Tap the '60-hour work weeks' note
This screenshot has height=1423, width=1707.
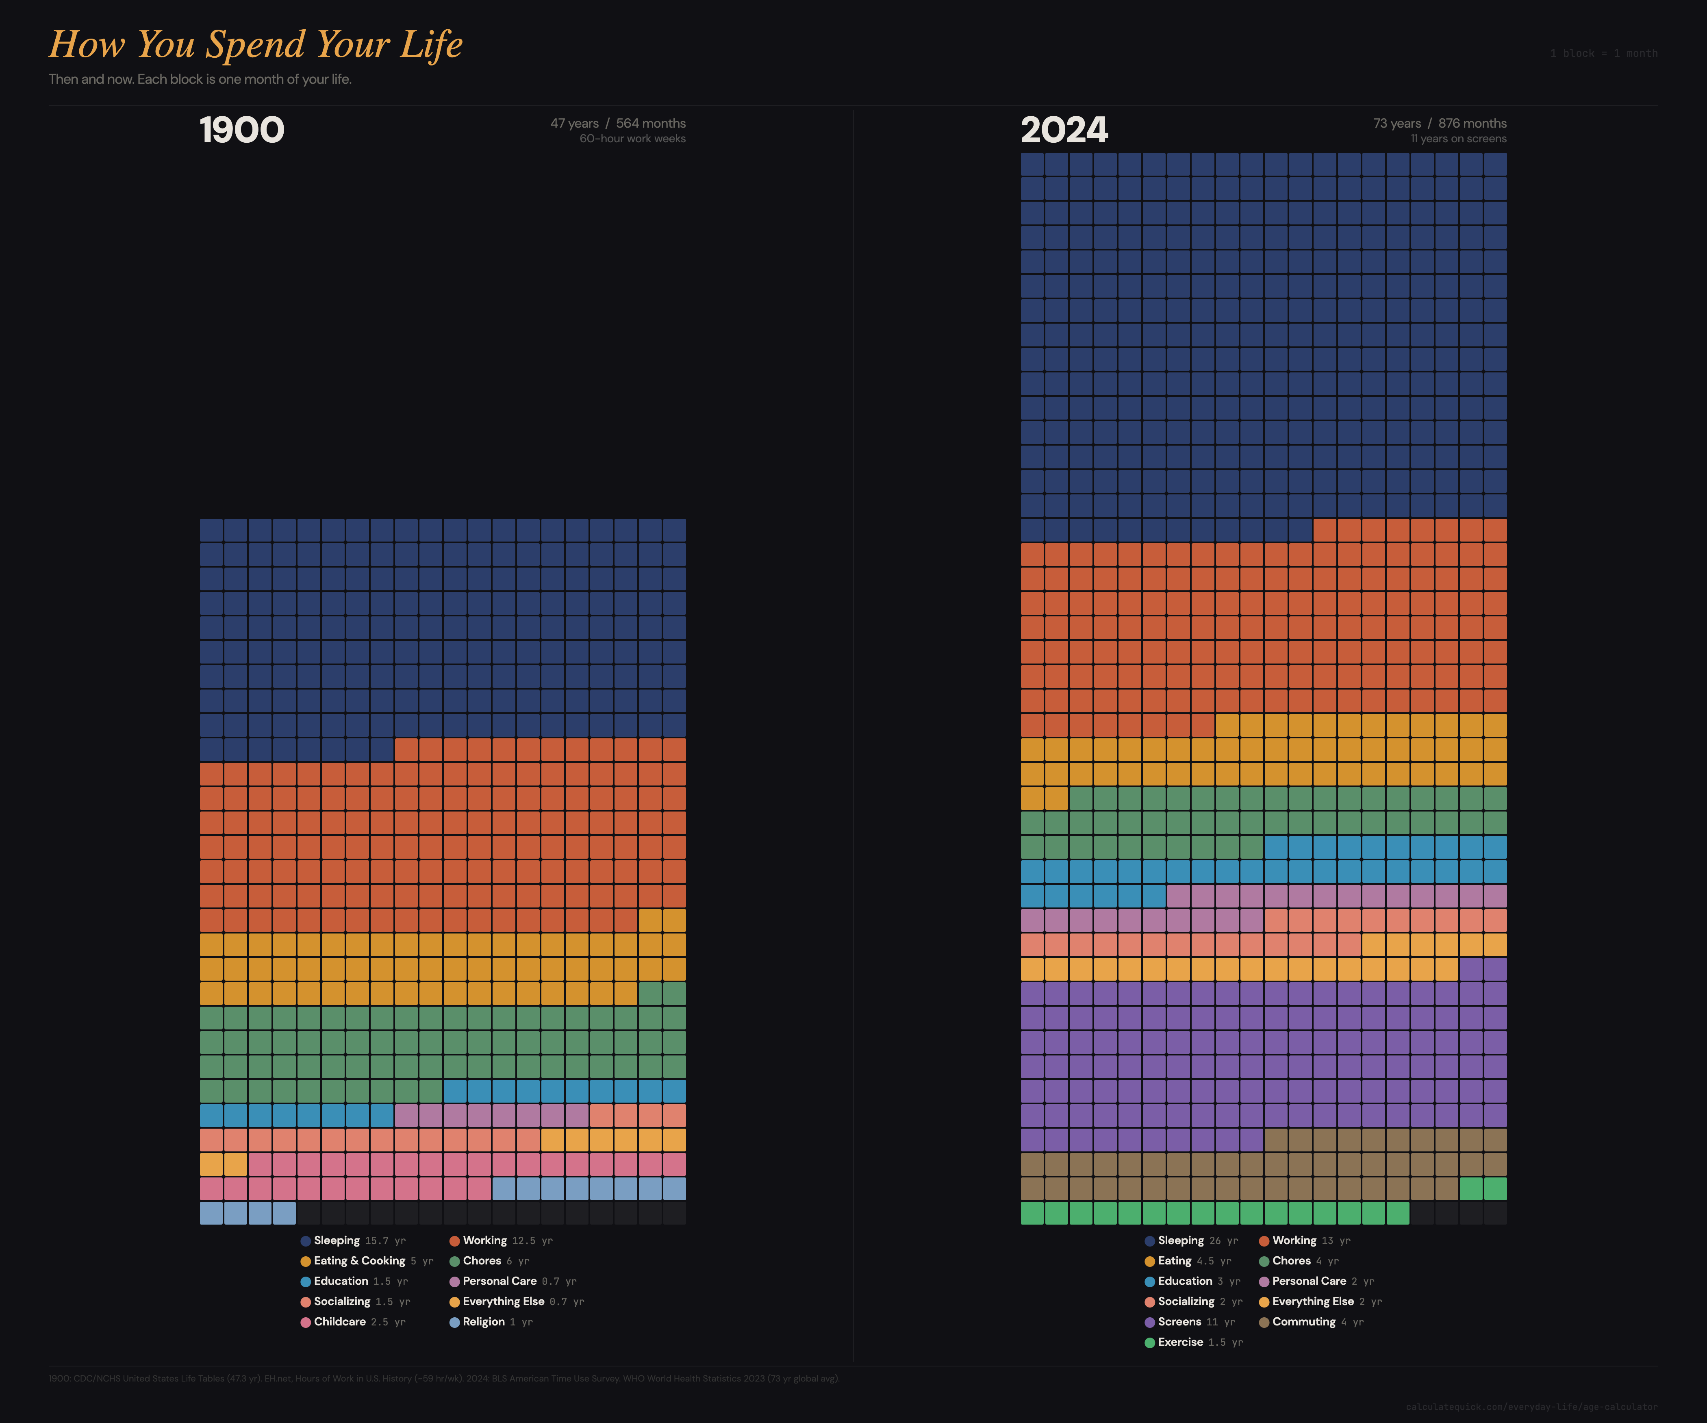(x=632, y=139)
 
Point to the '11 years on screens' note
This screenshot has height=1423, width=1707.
(x=1458, y=139)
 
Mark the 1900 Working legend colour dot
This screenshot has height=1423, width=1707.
(x=454, y=1241)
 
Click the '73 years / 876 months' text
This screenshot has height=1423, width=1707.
(x=1440, y=124)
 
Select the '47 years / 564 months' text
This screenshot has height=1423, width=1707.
(x=618, y=124)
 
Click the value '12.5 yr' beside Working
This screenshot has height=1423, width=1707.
(x=532, y=1241)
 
